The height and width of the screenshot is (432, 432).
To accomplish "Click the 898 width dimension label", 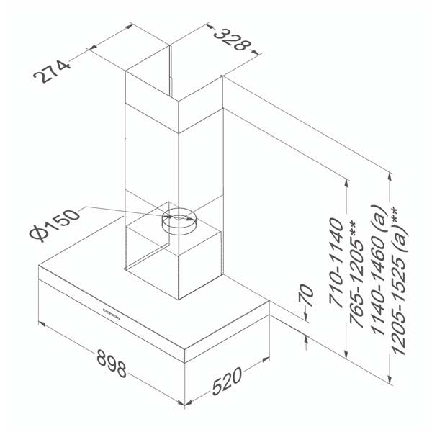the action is point(112,364).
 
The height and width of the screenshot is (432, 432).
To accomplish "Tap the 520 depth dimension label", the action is point(228,382).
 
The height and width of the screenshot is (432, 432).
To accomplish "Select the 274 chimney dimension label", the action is point(52,71).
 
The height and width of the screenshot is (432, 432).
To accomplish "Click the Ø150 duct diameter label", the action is point(55,225).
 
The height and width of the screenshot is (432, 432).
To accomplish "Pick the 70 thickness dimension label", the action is point(306,296).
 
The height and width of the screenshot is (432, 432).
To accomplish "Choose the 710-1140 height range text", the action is point(336,263).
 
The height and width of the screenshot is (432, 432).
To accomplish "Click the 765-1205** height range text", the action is point(357,274).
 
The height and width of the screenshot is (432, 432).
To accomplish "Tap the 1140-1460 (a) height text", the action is point(377,270).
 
